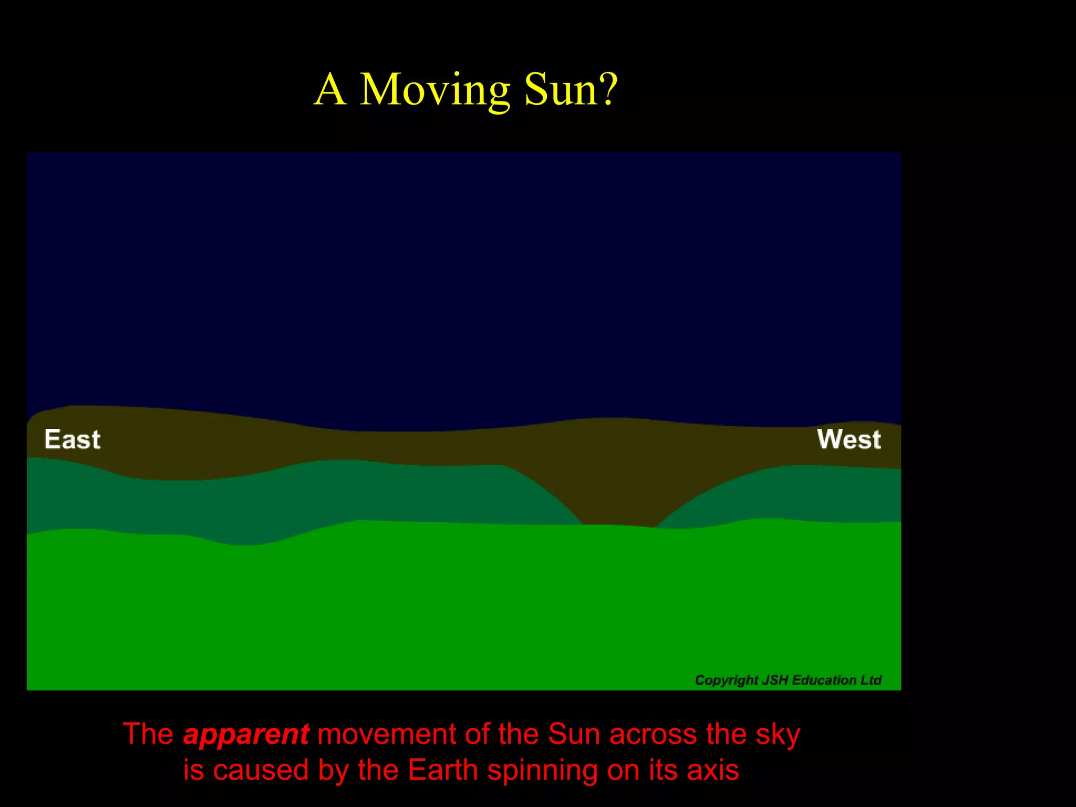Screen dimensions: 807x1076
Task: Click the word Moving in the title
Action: click(x=435, y=90)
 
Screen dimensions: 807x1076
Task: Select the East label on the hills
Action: click(x=72, y=440)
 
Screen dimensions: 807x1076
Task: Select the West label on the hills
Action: click(x=849, y=440)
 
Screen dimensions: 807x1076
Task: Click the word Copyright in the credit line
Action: click(x=726, y=680)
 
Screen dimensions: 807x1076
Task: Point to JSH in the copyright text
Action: click(x=775, y=680)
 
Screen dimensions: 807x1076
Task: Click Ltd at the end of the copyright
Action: click(x=871, y=680)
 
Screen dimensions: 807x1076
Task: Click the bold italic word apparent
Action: click(x=246, y=734)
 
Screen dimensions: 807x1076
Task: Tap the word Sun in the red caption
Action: click(x=574, y=734)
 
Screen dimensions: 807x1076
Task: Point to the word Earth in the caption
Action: click(x=443, y=770)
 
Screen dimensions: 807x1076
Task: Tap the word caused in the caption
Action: click(x=261, y=770)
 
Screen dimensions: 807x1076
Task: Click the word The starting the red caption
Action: click(x=148, y=734)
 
